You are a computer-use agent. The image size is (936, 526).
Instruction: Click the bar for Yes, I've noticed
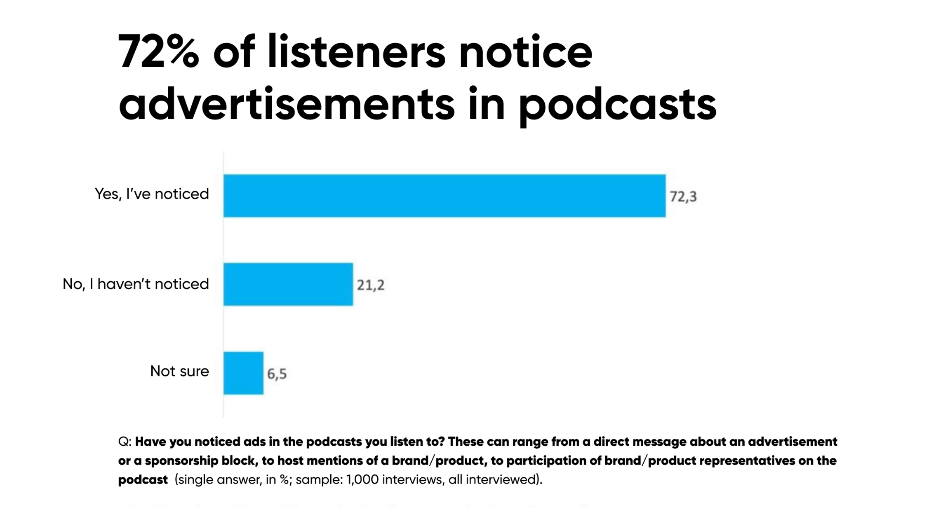pyautogui.click(x=444, y=196)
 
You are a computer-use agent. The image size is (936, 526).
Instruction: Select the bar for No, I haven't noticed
pyautogui.click(x=288, y=284)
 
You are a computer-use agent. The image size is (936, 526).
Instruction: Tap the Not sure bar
pyautogui.click(x=243, y=373)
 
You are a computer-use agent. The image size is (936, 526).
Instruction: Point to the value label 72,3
pyautogui.click(x=683, y=196)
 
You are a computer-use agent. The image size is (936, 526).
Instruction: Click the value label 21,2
pyautogui.click(x=370, y=285)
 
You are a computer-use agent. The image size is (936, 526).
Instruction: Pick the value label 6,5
pyautogui.click(x=277, y=374)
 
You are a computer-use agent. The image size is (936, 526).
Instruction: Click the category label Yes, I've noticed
pyautogui.click(x=152, y=194)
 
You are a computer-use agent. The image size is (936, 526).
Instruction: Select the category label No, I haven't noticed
pyautogui.click(x=136, y=284)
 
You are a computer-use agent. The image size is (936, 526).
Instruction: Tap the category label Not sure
pyautogui.click(x=179, y=371)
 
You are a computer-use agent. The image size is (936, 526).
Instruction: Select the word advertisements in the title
pyautogui.click(x=287, y=104)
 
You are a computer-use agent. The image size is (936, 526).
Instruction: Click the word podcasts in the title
pyautogui.click(x=617, y=104)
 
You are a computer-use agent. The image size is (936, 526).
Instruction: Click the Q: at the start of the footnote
pyautogui.click(x=125, y=442)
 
